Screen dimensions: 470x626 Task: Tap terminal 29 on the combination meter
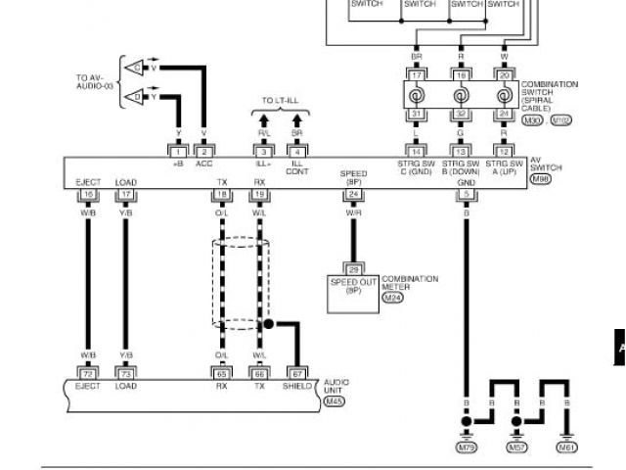[353, 267]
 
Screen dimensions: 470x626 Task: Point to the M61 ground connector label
[566, 446]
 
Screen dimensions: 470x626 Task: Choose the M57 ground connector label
[516, 446]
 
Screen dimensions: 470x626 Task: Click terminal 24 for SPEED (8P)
[353, 194]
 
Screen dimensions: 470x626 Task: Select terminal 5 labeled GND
[466, 194]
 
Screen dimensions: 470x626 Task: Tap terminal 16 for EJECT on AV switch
[87, 194]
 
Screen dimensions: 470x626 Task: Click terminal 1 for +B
[177, 151]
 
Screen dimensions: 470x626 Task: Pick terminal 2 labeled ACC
[203, 151]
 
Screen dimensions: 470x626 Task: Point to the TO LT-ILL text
[279, 101]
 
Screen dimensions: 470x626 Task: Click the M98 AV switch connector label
[540, 178]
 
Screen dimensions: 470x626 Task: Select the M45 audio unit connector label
[336, 399]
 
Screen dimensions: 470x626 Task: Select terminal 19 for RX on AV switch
[260, 194]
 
